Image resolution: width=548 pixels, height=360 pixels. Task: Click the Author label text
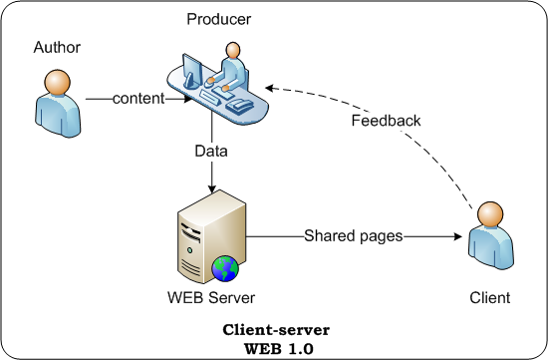pos(57,47)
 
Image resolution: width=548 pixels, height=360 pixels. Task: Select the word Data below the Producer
pos(210,152)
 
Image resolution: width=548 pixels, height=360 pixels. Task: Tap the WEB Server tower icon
pos(207,237)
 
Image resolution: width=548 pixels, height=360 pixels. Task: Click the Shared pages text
pos(354,236)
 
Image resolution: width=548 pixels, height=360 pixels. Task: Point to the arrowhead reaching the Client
pos(456,236)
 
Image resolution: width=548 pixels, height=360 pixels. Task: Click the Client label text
pos(489,297)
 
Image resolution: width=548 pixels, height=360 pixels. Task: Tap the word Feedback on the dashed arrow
pos(386,121)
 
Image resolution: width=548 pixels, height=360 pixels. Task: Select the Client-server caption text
pos(276,329)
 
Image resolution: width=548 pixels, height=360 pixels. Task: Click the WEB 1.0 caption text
pos(276,346)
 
